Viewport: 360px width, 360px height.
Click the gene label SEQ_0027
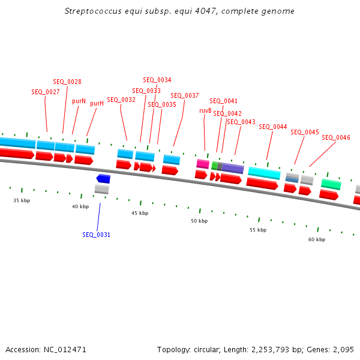point(46,92)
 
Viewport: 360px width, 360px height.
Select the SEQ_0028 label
point(67,82)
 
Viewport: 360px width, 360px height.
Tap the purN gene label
point(79,101)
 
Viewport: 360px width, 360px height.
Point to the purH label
point(97,103)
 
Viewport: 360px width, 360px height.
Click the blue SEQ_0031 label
point(96,235)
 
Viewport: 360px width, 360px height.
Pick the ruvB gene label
point(205,110)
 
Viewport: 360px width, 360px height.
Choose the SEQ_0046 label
point(336,137)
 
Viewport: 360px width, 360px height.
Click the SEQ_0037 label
point(185,95)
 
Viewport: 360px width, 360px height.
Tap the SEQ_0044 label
point(273,127)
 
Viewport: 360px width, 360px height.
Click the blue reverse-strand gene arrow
point(103,179)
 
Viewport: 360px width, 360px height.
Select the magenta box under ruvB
point(203,164)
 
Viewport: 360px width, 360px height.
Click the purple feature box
point(233,169)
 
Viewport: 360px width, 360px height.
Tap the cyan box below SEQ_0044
point(264,173)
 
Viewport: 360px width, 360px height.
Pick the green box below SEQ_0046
point(331,184)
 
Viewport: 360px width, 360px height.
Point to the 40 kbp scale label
point(80,206)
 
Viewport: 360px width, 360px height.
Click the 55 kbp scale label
point(258,230)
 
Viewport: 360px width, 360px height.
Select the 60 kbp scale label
point(317,239)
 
